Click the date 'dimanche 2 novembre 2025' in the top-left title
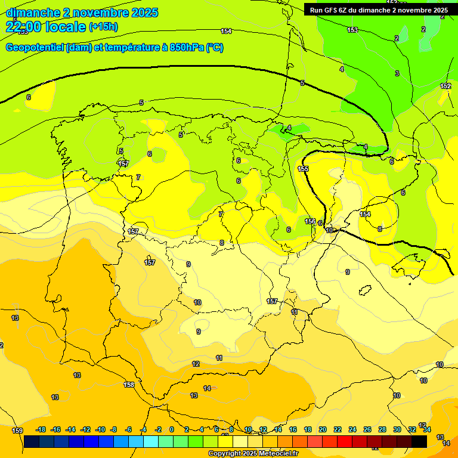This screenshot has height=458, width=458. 82,13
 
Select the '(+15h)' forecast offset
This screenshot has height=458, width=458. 103,27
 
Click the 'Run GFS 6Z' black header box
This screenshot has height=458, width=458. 379,10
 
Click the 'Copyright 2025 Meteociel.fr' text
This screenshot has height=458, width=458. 253,454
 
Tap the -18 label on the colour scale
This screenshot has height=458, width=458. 41,429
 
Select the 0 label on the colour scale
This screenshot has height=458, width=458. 172,429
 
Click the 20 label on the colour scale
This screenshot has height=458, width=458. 323,429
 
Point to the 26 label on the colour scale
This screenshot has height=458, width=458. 367,429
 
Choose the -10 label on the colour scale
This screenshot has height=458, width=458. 100,429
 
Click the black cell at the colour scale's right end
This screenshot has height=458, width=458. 419,441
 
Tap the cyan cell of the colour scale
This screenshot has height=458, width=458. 151,441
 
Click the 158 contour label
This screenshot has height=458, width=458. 129,385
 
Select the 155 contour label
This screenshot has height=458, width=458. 303,169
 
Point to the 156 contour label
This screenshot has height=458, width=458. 310,221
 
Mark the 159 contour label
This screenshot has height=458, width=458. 17,431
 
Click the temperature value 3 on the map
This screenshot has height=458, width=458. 397,73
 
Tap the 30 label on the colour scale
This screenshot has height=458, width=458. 397,429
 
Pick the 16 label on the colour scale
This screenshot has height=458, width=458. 293,429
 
